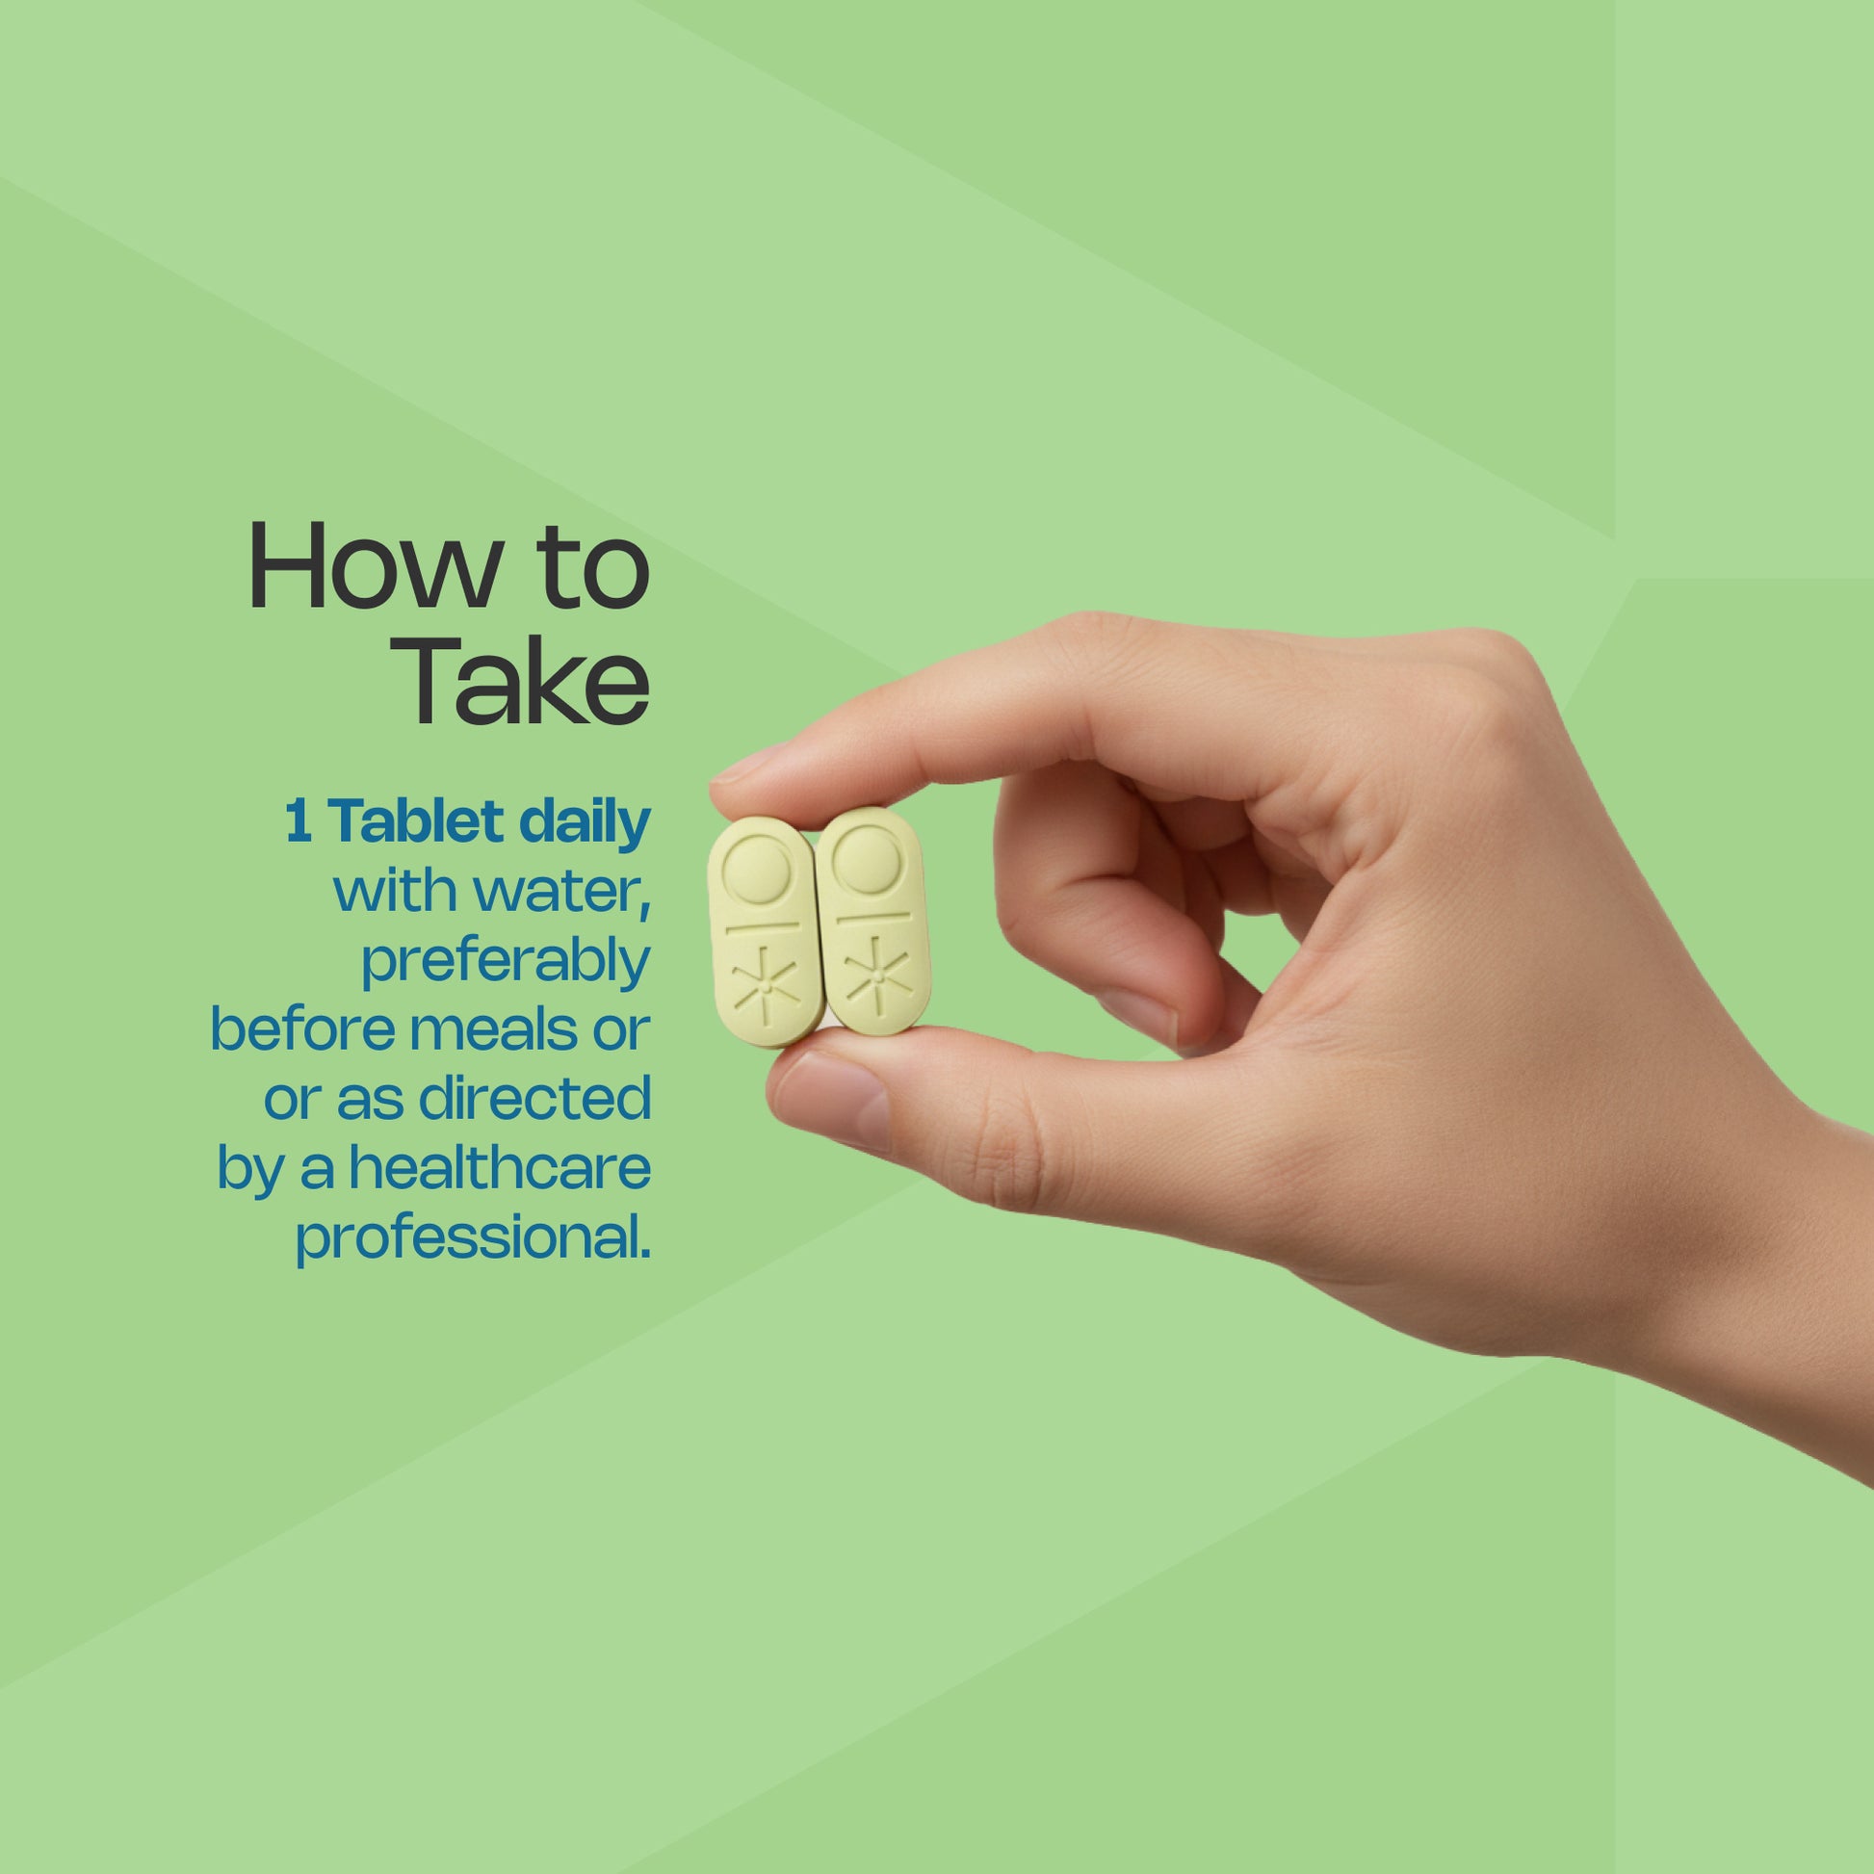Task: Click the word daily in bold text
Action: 585,823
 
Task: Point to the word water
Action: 561,894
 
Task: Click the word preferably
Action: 506,962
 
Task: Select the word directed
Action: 534,1099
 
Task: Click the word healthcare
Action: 500,1168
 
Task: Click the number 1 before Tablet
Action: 298,822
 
